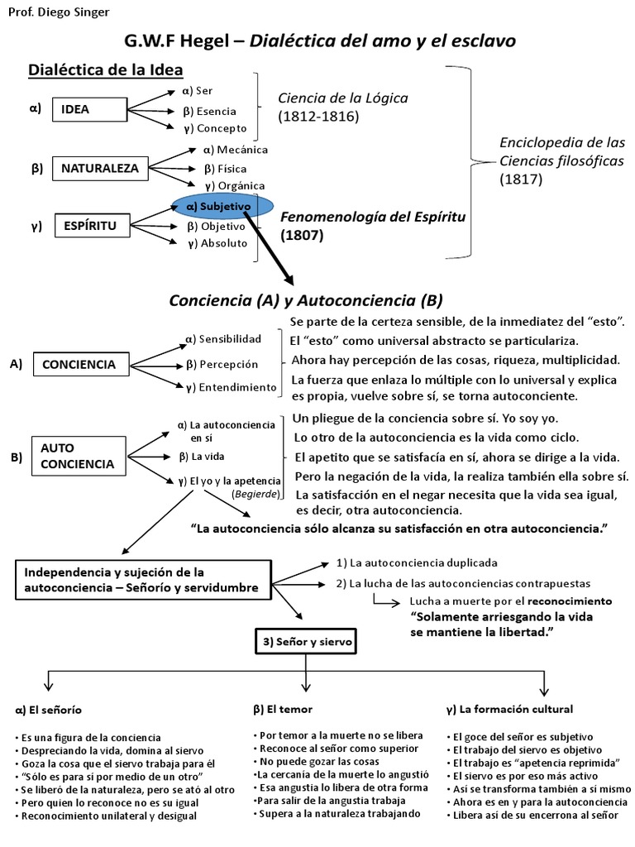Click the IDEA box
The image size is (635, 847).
click(75, 109)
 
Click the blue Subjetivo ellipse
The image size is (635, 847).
click(222, 206)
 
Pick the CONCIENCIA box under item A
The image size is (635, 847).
click(79, 364)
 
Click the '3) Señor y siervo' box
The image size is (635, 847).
click(299, 642)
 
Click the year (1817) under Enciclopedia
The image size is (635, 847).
click(521, 178)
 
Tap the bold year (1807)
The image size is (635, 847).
click(303, 235)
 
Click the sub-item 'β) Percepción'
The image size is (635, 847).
click(223, 364)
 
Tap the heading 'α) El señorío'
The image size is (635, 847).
click(49, 710)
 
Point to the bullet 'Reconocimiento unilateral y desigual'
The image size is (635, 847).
click(106, 816)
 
